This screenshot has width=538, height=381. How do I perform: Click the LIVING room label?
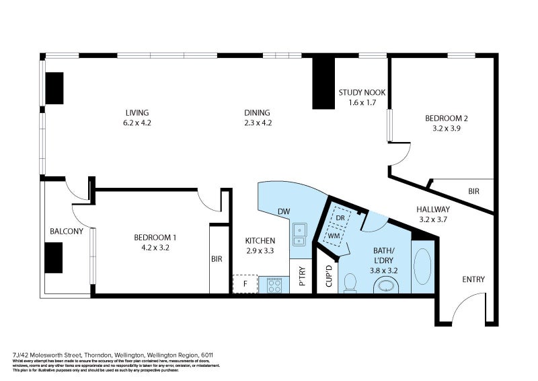click(x=137, y=112)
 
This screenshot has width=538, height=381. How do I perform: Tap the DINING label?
click(x=257, y=112)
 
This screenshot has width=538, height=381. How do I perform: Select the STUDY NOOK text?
click(x=361, y=92)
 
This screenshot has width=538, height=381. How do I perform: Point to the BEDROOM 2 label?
click(x=446, y=118)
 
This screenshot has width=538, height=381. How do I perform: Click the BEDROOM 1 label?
click(x=155, y=238)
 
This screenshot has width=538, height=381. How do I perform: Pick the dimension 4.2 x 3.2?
click(x=155, y=248)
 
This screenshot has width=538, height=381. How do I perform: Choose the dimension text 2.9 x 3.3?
click(x=260, y=251)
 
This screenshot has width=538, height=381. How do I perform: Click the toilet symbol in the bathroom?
click(x=349, y=284)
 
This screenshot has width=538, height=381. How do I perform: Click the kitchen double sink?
click(x=299, y=236)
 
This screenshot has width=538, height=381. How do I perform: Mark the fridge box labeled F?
click(x=245, y=284)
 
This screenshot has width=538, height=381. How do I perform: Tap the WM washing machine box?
click(x=334, y=236)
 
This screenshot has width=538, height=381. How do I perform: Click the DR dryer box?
click(x=340, y=218)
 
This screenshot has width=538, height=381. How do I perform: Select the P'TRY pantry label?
click(x=303, y=277)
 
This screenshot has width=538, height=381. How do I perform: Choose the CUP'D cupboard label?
click(x=329, y=277)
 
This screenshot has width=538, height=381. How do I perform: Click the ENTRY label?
click(x=473, y=280)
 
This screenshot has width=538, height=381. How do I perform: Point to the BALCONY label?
click(x=67, y=232)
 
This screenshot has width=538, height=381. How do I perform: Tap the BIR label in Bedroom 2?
click(x=473, y=192)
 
